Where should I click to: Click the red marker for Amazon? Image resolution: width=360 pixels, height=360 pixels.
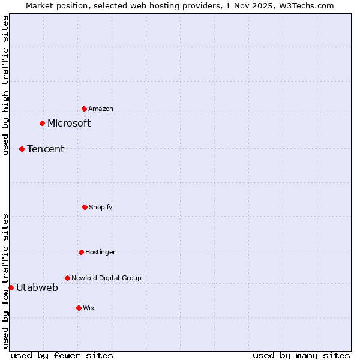pos(84,109)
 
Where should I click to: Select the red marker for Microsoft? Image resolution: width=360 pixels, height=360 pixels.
pos(42,123)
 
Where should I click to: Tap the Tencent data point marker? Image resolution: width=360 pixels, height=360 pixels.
pos(22,149)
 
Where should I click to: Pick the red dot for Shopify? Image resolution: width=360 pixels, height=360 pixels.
pos(85,207)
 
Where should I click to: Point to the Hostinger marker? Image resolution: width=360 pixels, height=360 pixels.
pos(81,252)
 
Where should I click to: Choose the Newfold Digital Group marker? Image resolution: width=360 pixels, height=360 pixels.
pos(67,278)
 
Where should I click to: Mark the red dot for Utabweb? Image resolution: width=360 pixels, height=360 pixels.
pos(11,287)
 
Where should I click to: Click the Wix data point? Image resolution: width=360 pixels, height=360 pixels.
pos(79,308)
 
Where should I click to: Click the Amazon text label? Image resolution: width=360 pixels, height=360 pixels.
pos(101,109)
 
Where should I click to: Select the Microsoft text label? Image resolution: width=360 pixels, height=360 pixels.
pos(69,123)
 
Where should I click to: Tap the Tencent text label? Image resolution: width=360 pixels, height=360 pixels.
pos(46,149)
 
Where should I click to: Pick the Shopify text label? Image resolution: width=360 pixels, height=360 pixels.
pos(101,207)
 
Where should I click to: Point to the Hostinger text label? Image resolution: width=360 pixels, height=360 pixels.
pos(100,252)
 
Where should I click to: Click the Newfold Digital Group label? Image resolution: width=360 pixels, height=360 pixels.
pos(107,278)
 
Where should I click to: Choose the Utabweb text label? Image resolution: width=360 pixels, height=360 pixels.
pos(37,287)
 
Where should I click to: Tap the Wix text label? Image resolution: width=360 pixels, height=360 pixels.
pos(89,308)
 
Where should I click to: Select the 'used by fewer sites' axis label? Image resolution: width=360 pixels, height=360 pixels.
pos(62,355)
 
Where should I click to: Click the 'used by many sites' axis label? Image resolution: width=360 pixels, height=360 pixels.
pos(301,355)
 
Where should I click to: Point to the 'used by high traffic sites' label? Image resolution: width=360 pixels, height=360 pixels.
pos(5,85)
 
